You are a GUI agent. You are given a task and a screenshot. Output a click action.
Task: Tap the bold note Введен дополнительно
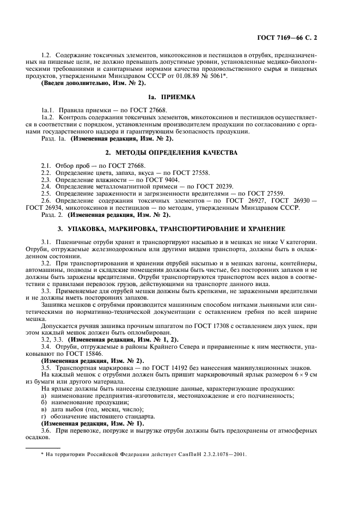point(78,83)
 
